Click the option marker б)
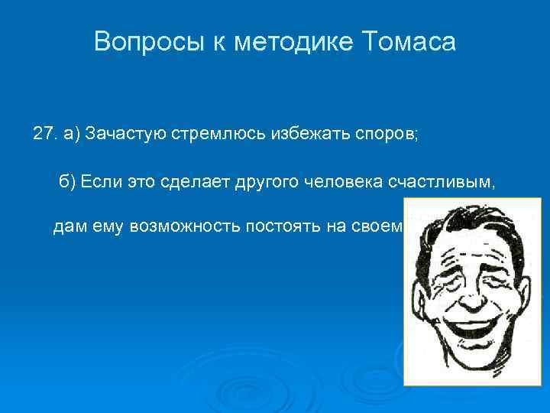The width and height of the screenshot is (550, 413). click(x=68, y=181)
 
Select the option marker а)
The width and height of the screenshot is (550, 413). click(x=72, y=135)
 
